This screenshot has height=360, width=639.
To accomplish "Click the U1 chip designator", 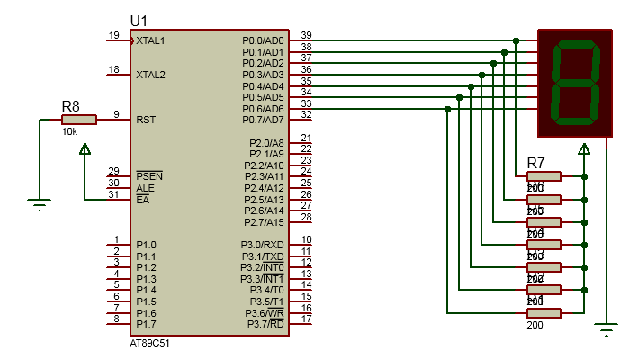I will pos(140,21).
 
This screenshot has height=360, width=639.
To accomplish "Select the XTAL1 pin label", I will pos(150,40).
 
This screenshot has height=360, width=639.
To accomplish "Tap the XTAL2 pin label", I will pos(150,75).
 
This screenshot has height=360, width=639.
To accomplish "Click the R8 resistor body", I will pos(78,119).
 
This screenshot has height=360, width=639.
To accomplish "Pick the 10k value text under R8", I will pos(69,131).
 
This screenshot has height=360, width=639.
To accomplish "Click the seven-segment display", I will pos(575,83).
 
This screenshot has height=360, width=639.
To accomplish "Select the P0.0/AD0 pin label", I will pos(263,40).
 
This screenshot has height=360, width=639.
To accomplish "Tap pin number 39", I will pos(307,35).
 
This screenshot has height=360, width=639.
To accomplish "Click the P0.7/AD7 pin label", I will pos(263,120).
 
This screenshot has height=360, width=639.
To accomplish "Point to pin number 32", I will pos(307,114).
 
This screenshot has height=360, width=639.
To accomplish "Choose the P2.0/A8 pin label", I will pos(266,143).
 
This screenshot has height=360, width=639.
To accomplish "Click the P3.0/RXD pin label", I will pos(263,245).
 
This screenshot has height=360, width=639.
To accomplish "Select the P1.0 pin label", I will pos(146,245).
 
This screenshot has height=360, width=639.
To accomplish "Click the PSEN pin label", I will pos(148,176).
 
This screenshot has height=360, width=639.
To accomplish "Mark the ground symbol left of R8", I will pos(39,204).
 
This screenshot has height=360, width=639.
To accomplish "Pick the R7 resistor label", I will pos(535,163).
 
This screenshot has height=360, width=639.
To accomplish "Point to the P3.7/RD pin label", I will pos(264,324).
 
